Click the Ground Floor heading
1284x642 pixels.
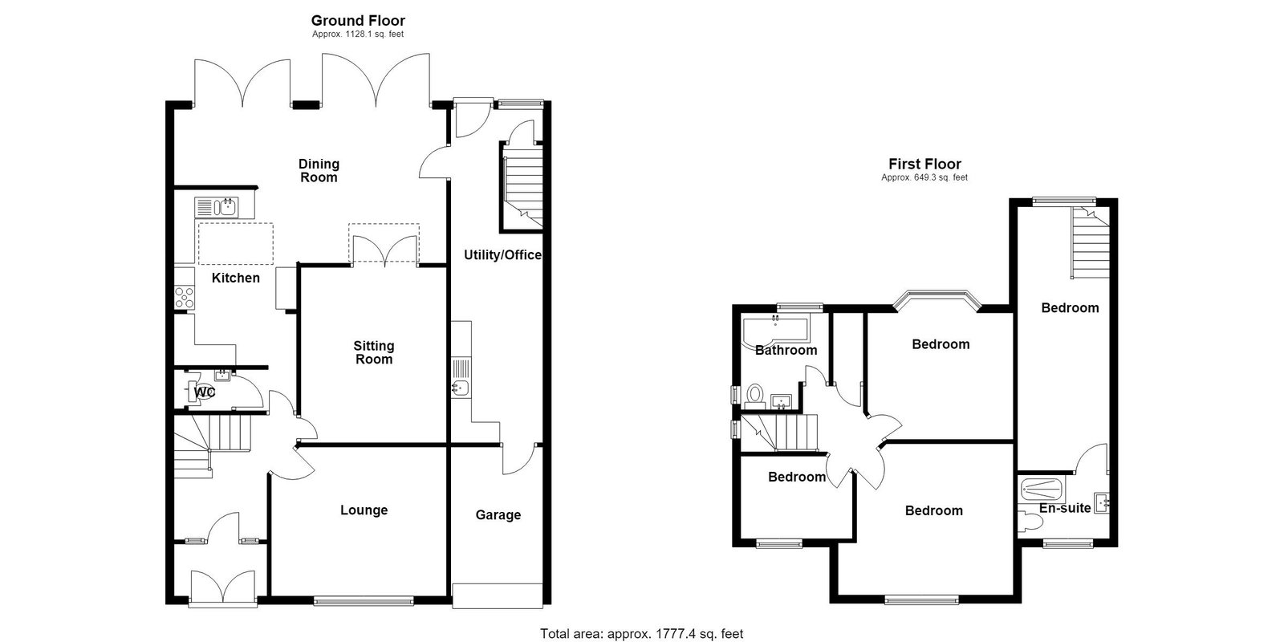point(358,21)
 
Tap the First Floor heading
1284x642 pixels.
point(924,164)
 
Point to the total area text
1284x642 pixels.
point(641,633)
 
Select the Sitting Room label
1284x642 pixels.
point(374,352)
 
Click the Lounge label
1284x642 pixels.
point(364,510)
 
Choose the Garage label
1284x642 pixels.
point(498,514)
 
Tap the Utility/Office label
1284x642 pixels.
point(502,255)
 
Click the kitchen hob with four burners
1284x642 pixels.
point(185,298)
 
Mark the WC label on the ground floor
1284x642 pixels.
point(205,392)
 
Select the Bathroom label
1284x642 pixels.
point(786,350)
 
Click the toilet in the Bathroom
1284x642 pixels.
point(755,396)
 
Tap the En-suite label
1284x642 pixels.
point(1065,508)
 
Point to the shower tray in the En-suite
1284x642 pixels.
point(1042,490)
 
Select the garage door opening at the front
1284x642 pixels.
point(497,595)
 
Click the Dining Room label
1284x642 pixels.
point(319,171)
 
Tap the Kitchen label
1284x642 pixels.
point(236,278)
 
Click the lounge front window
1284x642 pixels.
point(364,601)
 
